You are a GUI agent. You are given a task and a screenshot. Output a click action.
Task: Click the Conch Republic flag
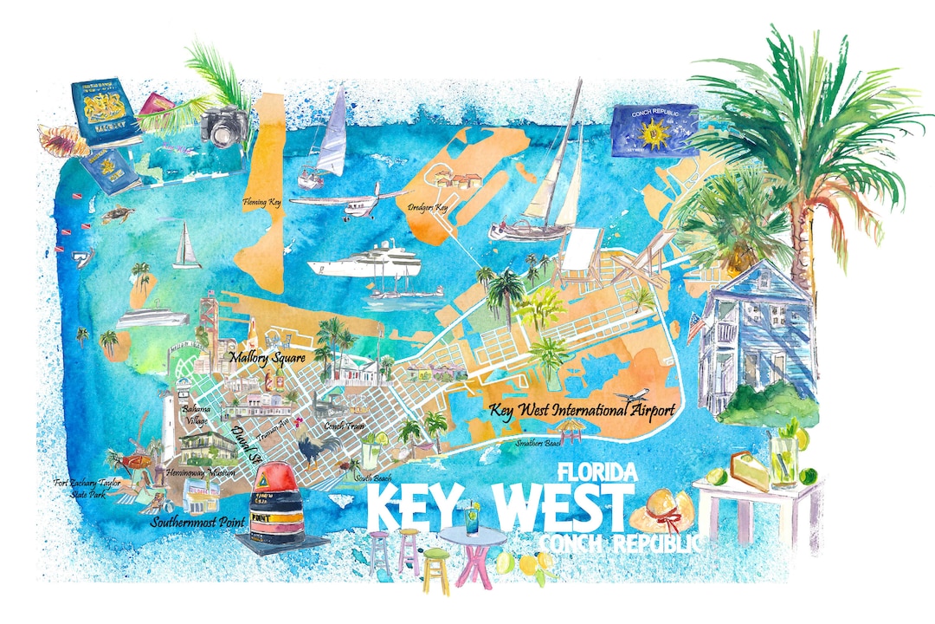[654, 131]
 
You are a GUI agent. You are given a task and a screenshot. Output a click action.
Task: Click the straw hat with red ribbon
[661, 510]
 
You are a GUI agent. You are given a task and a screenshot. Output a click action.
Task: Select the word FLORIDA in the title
[598, 472]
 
